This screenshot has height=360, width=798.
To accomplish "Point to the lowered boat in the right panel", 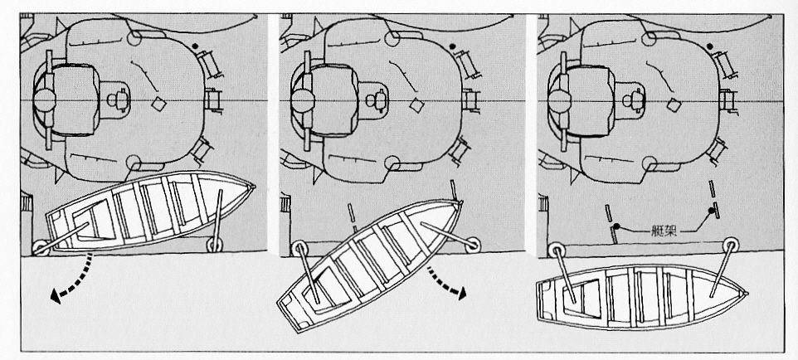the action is [x=641, y=296].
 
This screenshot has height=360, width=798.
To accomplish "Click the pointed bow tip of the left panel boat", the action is [x=254, y=187].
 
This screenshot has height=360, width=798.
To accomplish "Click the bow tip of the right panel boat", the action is [x=747, y=294].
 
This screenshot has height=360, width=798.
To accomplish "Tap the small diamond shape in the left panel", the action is [x=158, y=104].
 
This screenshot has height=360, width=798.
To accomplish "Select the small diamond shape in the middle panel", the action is [x=417, y=105].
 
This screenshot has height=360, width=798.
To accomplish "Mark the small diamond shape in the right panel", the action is [x=675, y=105].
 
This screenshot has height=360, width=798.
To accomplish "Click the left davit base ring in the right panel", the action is [x=557, y=251].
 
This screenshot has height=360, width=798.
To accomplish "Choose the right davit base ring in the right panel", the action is [x=731, y=245].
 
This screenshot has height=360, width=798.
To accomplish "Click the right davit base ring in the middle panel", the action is [x=473, y=245].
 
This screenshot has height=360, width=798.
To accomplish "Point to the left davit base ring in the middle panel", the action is [x=299, y=249].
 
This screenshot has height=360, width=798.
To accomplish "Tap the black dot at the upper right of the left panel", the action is [x=196, y=46].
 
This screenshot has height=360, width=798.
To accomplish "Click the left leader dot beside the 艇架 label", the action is [x=616, y=226].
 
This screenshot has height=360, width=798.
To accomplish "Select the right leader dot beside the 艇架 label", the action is [x=712, y=211].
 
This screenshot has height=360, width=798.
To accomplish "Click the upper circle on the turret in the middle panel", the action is [x=392, y=38].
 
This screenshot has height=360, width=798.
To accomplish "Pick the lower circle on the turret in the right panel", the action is [x=649, y=163].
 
